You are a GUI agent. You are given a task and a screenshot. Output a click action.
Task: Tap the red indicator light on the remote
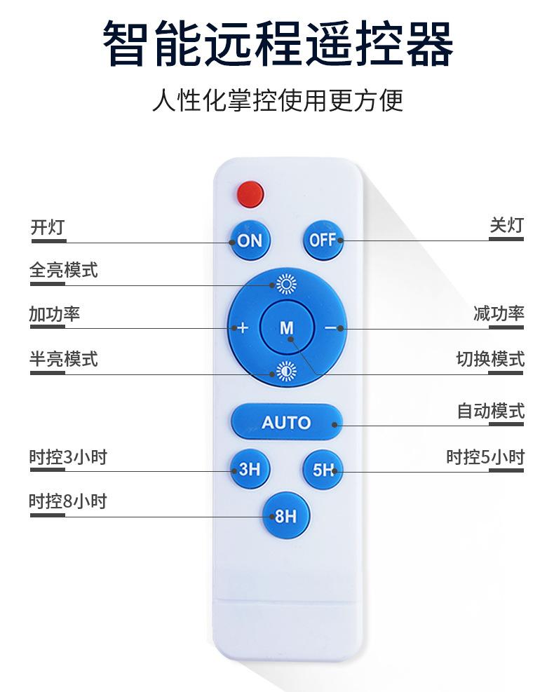(x=250, y=194)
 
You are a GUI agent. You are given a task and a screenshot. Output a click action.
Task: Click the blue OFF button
(x=323, y=240)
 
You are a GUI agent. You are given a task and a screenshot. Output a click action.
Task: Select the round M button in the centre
(x=287, y=327)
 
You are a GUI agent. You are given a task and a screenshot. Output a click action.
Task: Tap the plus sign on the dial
(x=243, y=328)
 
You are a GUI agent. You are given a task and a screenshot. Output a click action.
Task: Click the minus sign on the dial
(x=330, y=328)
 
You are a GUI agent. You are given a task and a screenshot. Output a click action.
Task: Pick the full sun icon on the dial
(x=287, y=284)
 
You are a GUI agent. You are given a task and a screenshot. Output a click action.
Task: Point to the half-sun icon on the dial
(x=287, y=372)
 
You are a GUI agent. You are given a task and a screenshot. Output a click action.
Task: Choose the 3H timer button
(x=250, y=468)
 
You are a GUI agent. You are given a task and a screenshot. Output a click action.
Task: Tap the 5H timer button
(x=323, y=469)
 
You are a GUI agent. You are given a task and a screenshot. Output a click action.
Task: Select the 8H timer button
(x=287, y=515)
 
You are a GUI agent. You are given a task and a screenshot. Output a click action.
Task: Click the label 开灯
(x=48, y=227)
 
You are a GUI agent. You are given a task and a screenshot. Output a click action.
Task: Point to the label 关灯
(x=507, y=225)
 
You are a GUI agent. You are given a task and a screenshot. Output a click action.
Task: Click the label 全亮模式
(x=64, y=270)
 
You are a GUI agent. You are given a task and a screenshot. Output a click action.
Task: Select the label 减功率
(x=499, y=313)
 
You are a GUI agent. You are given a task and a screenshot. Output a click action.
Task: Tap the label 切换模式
(x=490, y=359)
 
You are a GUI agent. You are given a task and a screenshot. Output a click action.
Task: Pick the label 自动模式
(x=490, y=411)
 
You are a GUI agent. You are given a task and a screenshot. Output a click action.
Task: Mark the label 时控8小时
(x=68, y=501)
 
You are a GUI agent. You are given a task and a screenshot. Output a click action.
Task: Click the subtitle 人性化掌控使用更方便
(x=278, y=100)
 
